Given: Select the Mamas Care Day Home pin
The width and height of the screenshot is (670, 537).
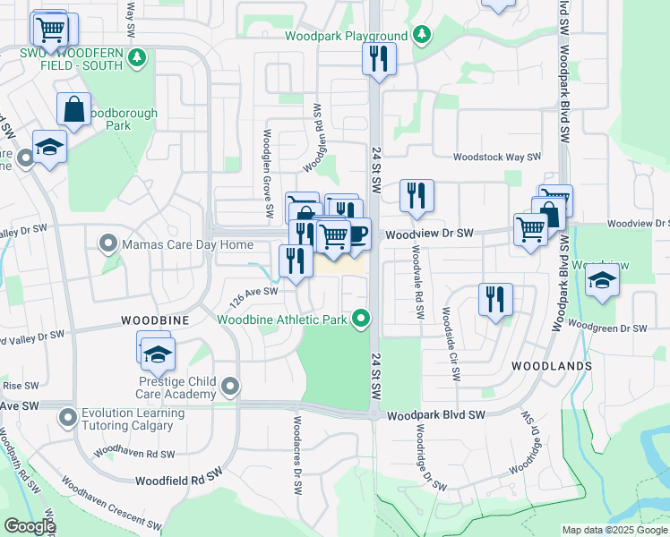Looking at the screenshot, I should [108, 243].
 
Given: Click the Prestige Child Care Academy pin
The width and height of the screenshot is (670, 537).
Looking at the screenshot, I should [231, 387].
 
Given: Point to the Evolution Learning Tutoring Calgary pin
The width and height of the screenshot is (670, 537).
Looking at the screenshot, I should [67, 418].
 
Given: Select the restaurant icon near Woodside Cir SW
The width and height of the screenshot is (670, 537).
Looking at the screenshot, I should [495, 299].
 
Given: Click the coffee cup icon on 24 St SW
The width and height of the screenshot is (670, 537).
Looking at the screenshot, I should [356, 234].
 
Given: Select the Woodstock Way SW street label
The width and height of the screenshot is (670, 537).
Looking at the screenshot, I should [497, 157].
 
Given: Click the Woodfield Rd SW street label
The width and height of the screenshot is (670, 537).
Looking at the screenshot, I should [177, 481].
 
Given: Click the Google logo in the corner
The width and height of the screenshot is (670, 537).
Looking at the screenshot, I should [29, 526].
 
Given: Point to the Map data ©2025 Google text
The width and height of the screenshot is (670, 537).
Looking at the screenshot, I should [614, 530].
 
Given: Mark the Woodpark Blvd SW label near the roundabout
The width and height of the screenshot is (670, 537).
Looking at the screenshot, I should [436, 415].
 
